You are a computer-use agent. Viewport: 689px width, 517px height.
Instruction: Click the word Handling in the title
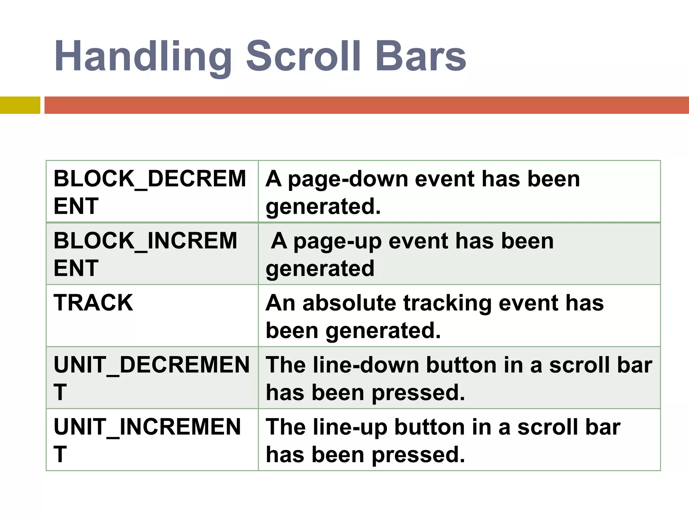[143, 57]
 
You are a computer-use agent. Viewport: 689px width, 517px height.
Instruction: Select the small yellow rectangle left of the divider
[20, 105]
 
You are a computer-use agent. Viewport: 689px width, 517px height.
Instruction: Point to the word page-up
[337, 242]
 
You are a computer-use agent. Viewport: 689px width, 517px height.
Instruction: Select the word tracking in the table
[447, 304]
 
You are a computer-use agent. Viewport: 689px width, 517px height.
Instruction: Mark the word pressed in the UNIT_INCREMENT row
[419, 455]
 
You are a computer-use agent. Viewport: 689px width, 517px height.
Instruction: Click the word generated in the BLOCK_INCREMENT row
[320, 269]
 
